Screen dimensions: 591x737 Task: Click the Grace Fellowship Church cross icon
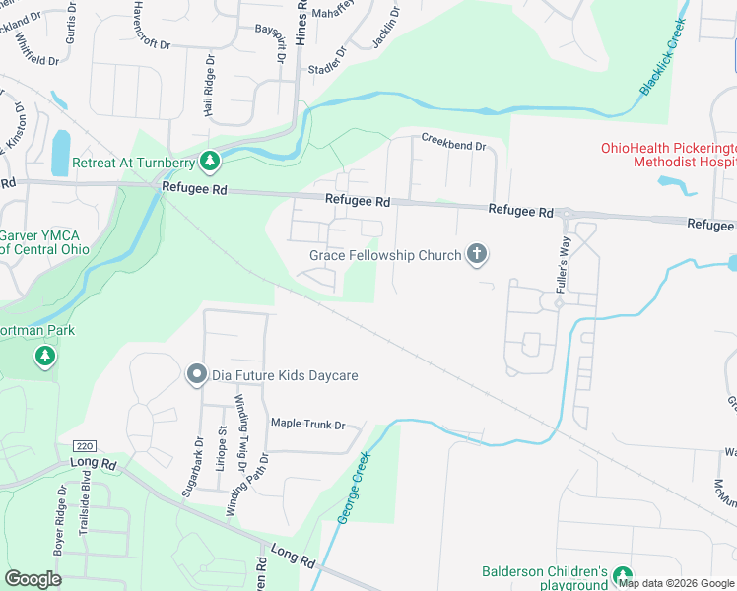(477, 255)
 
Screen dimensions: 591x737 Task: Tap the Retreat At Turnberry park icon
(209, 161)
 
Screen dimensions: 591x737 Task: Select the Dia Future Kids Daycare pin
(196, 375)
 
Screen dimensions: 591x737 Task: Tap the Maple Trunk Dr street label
(308, 425)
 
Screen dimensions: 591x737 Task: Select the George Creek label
(352, 488)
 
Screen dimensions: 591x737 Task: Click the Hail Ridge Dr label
(209, 87)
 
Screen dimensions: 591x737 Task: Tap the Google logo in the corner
(33, 579)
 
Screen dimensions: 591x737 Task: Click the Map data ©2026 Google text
(677, 583)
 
